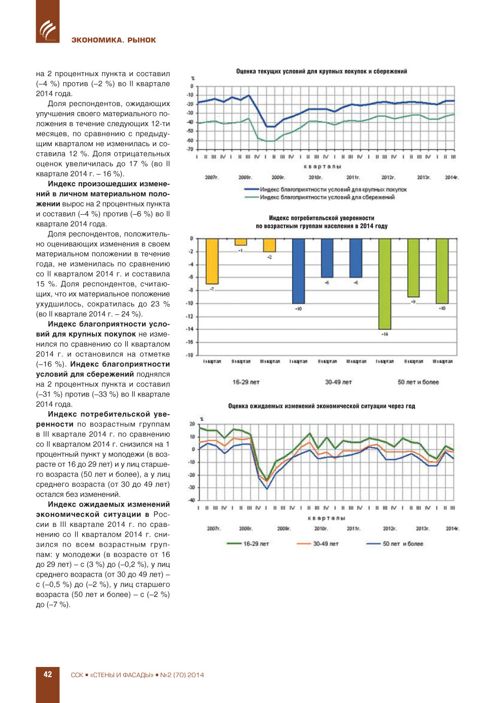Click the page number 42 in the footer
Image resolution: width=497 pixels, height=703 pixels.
pos(48,675)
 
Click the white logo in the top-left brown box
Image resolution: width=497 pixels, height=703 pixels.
pos(48,30)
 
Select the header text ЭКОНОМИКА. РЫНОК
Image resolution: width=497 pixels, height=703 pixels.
pos(114,40)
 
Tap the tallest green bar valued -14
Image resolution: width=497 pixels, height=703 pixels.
pos(385,284)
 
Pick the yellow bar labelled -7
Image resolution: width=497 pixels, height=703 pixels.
pos(212,261)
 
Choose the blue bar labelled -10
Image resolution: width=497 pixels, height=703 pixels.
pos(298,271)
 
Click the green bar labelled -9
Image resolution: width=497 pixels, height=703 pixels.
pos(413,267)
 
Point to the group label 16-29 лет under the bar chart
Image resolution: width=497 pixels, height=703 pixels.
pos(246,382)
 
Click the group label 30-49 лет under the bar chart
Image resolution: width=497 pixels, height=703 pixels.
pos(338,382)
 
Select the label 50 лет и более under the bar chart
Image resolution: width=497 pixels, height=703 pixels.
pos(418,382)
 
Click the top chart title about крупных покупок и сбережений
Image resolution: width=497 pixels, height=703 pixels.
pos(322,72)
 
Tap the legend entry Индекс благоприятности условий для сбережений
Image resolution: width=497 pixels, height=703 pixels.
pos(327,197)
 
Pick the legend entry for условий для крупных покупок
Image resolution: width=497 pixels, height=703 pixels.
pos(333,190)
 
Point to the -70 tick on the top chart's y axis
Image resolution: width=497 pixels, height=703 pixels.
pos(190,149)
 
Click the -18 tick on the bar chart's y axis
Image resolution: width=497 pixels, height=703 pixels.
pos(190,355)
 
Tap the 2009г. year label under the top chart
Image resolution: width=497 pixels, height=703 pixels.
pos(278,177)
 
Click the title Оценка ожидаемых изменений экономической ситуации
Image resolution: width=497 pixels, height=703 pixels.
pos(322,406)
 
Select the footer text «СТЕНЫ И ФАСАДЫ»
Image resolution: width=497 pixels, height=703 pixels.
pos(122,675)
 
